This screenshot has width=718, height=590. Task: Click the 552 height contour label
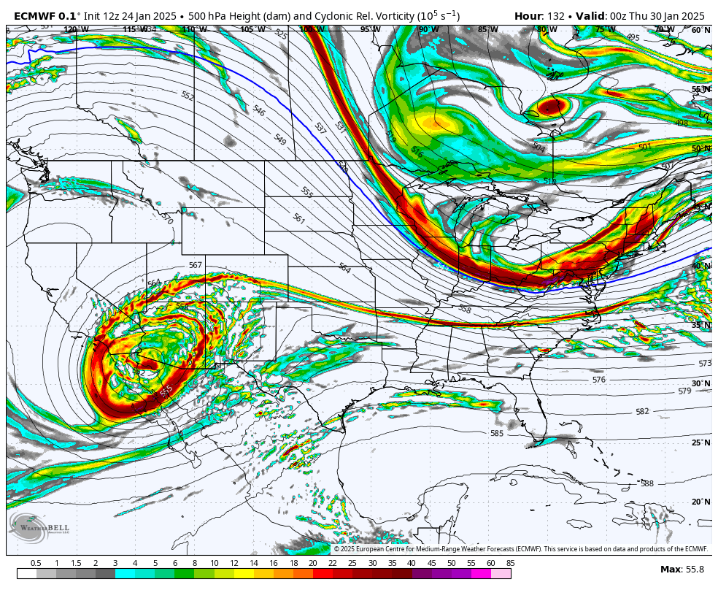point(188,96)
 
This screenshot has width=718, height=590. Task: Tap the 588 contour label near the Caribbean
point(647,483)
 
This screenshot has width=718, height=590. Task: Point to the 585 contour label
point(497,433)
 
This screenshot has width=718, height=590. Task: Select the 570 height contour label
point(167,219)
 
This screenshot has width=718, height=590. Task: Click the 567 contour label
point(195,265)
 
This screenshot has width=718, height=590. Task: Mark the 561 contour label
point(298,218)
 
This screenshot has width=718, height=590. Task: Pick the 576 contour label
point(599,380)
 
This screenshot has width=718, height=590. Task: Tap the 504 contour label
point(538,147)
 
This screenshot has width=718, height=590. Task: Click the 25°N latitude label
point(700,442)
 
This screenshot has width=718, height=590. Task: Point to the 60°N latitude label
point(700,30)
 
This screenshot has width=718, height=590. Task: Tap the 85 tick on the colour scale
point(509,563)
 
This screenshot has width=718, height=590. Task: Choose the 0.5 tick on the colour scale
point(36,563)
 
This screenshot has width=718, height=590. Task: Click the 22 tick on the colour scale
point(332,563)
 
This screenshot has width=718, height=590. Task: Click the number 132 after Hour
point(555,16)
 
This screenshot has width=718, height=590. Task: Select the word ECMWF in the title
point(34,16)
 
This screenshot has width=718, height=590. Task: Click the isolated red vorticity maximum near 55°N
point(551,107)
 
